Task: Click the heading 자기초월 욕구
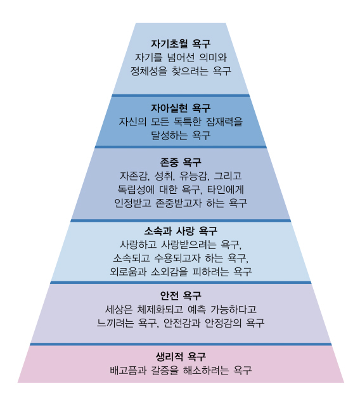[x=181, y=44]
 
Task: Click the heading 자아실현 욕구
[x=181, y=108]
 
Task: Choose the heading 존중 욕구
[x=181, y=162]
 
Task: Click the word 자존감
[x=134, y=176]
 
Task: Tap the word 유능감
[x=194, y=176]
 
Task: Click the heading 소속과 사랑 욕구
[x=181, y=231]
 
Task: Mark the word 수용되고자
[x=177, y=258]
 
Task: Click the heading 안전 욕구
[x=181, y=295]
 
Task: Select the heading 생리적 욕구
[x=181, y=357]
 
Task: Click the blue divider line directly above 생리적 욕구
[x=181, y=344]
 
